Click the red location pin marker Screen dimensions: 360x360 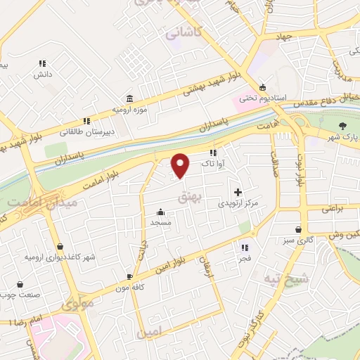(x=181, y=165)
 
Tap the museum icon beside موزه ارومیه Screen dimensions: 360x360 (x=129, y=98)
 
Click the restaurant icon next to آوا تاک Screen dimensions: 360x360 (x=213, y=153)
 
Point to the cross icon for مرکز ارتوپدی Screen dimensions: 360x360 (x=238, y=191)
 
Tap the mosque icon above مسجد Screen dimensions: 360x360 (x=161, y=212)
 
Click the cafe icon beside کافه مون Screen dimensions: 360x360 (x=129, y=276)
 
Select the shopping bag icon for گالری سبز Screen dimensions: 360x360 (x=299, y=229)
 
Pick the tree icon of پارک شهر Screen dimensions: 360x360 (x=342, y=126)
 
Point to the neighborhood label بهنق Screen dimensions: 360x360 (x=209, y=200)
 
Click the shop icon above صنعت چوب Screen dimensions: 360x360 (x=19, y=284)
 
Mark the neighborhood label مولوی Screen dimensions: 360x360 (x=77, y=305)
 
